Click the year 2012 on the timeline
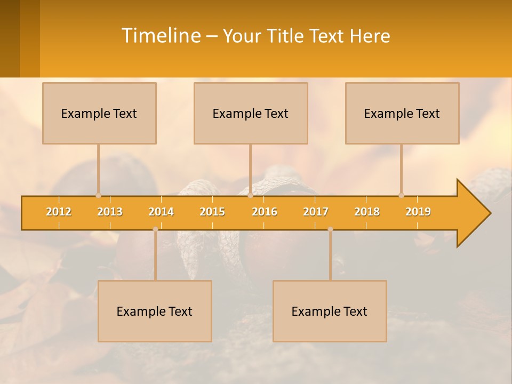59,212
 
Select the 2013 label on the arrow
110,212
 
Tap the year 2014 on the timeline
161,212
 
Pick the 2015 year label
212,212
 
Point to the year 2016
265,212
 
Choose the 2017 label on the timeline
316,212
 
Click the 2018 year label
367,212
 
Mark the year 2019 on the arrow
418,212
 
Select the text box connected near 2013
99,113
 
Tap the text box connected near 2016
251,113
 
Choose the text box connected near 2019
402,113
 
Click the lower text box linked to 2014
155,311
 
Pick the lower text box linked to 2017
330,311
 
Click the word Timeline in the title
161,36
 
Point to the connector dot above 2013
98,195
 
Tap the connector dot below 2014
155,229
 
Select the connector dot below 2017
330,229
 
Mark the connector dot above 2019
401,195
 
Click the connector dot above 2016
250,195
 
